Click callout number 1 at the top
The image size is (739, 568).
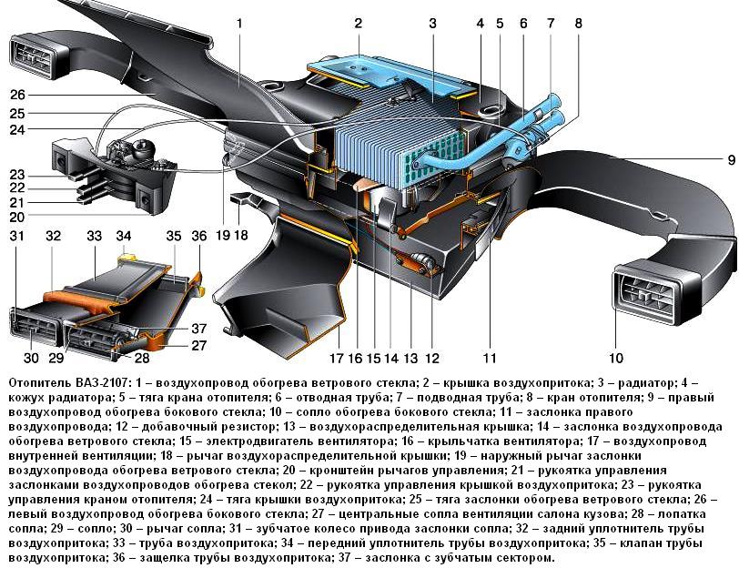point(239,21)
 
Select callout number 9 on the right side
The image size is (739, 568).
point(730,160)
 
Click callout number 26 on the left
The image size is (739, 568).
point(17,95)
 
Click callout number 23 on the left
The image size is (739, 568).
point(17,175)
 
